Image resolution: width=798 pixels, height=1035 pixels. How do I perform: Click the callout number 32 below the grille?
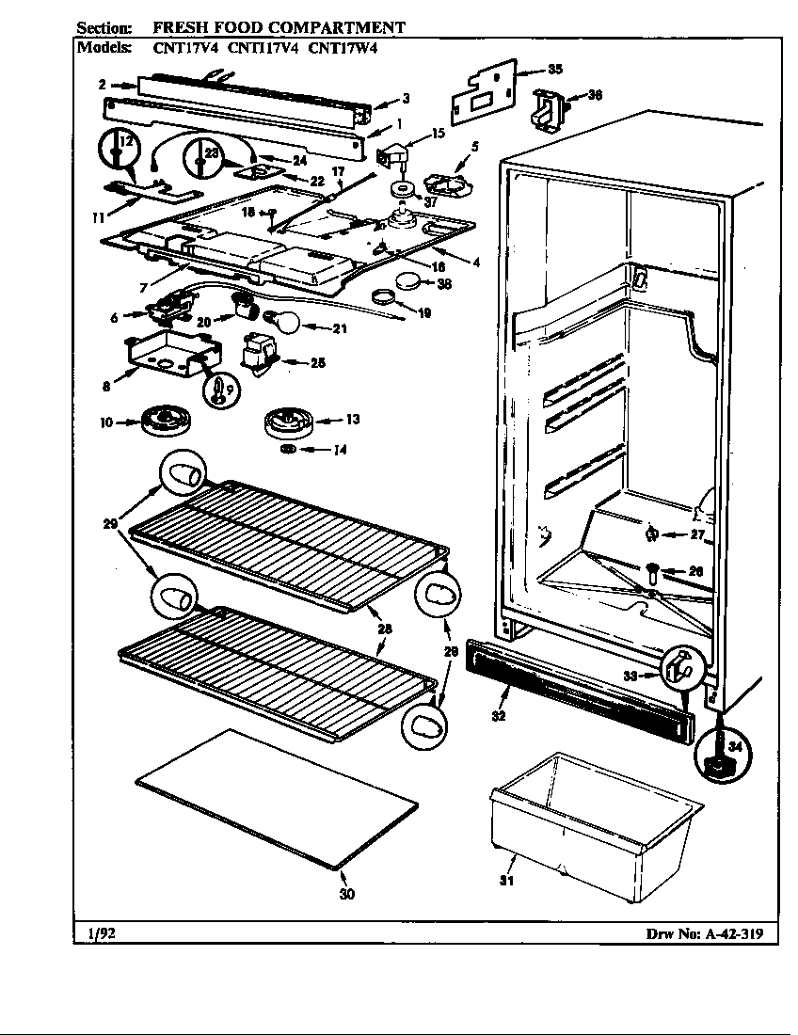click(x=499, y=716)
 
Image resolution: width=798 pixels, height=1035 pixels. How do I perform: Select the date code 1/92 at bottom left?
click(x=95, y=934)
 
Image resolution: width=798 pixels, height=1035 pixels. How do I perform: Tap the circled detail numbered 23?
click(x=205, y=154)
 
